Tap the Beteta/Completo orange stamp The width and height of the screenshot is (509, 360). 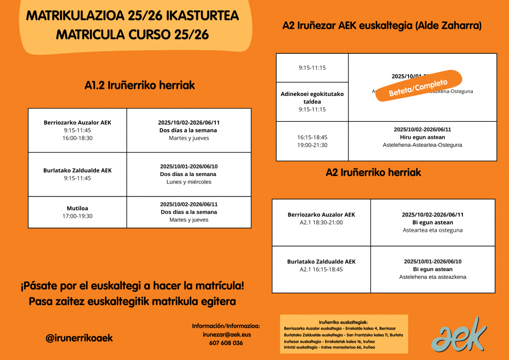click(x=419, y=87)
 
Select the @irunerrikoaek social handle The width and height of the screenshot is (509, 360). click(x=79, y=338)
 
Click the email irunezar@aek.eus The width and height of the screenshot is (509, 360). click(x=226, y=335)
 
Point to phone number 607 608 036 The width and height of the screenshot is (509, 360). click(x=226, y=343)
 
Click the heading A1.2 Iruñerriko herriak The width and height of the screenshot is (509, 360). click(x=140, y=86)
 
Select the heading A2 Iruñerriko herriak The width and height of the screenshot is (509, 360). click(x=373, y=173)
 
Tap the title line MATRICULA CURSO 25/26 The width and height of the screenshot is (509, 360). click(x=132, y=35)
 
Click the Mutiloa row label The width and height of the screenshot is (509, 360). click(x=77, y=208)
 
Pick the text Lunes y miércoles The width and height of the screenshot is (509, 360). click(x=189, y=182)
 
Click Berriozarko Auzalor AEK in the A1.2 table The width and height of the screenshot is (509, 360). click(x=78, y=122)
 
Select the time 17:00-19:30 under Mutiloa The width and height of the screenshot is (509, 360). click(x=77, y=216)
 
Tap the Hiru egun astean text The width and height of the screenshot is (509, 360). click(x=422, y=137)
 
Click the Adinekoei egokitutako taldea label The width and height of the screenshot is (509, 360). click(x=312, y=97)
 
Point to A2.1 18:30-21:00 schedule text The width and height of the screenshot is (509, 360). click(x=321, y=223)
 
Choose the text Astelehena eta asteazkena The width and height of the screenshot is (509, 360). click(x=432, y=277)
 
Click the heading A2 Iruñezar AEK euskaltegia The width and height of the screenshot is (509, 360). click(x=382, y=25)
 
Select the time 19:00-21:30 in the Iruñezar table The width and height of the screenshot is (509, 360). click(x=312, y=145)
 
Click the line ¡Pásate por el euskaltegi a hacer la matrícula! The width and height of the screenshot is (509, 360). click(x=132, y=287)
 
